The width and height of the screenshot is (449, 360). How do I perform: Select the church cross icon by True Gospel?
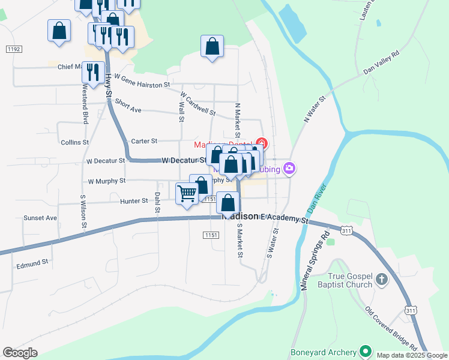pos(381,279)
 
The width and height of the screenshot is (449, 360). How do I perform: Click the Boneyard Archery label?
pos(323,352)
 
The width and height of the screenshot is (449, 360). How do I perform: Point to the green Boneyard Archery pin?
pos(364,352)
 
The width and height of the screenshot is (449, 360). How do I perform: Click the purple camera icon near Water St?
pos(290,169)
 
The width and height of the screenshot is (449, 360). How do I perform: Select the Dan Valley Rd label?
pos(381,63)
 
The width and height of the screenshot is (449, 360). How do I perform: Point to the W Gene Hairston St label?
pos(142,82)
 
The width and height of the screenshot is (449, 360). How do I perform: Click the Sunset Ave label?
pos(40,218)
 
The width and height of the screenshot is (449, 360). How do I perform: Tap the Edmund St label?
pos(32,263)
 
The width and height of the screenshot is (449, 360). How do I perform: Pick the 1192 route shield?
pos(13,49)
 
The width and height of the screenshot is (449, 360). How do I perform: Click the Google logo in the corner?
pos(20,353)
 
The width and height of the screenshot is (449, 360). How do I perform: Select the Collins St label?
pos(74,143)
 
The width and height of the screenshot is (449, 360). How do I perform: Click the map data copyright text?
pos(412,355)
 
